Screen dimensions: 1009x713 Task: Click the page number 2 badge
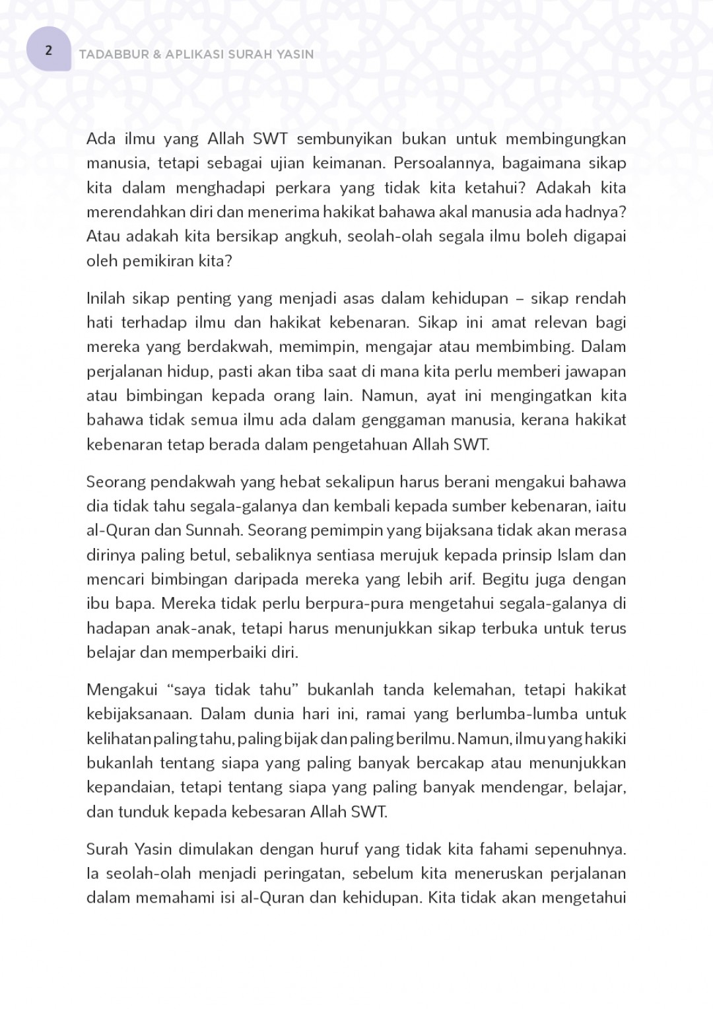pyautogui.click(x=48, y=50)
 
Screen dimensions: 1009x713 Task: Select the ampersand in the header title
pyautogui.click(x=156, y=54)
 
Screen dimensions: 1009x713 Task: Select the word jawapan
pyautogui.click(x=595, y=371)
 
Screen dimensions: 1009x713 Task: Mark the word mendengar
pyautogui.click(x=523, y=787)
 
